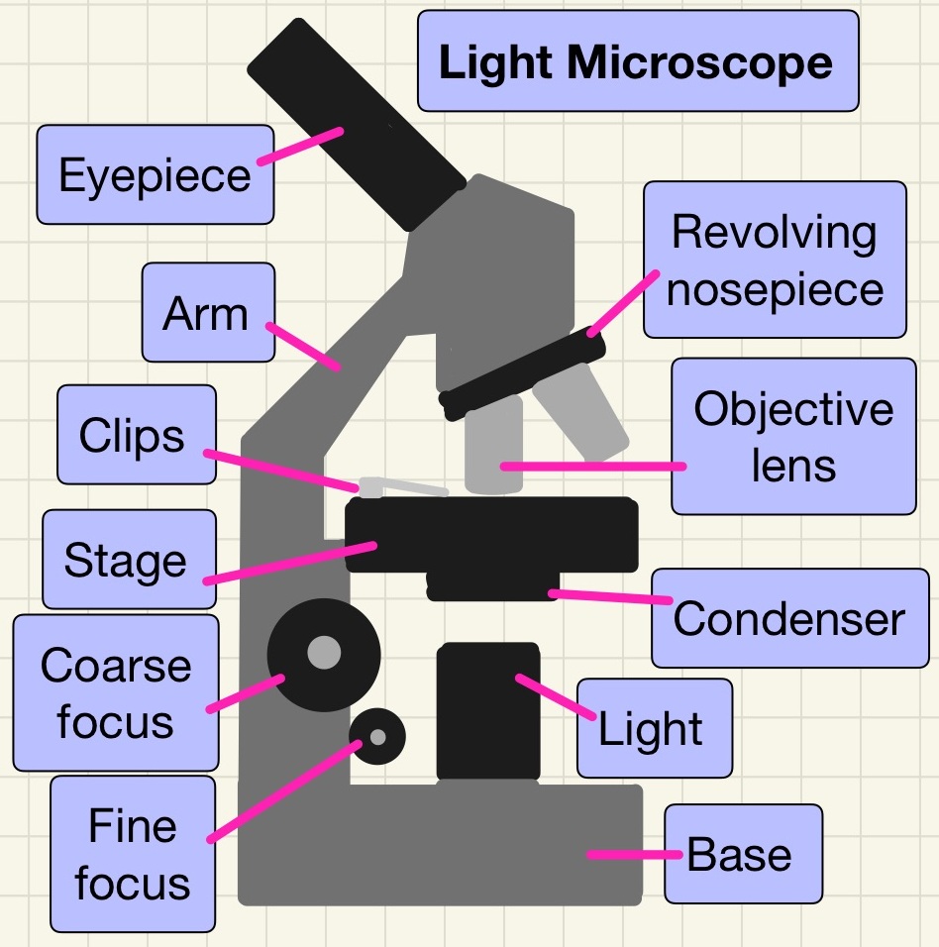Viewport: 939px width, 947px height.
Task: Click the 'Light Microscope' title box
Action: coord(637,61)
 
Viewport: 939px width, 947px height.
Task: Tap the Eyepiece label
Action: coord(155,174)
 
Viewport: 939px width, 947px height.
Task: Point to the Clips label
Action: coord(136,435)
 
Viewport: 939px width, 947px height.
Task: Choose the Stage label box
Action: coord(128,560)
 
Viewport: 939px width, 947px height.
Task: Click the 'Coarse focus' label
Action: coord(115,692)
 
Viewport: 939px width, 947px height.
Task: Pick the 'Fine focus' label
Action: coord(133,854)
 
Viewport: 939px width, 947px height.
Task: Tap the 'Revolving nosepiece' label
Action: coord(774,261)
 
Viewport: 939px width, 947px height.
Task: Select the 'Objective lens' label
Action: coord(792,436)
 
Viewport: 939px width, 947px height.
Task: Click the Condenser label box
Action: coord(787,619)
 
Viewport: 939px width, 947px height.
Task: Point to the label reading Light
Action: coord(654,729)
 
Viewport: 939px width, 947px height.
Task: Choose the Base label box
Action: coord(742,854)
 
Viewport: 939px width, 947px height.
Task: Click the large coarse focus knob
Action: coord(324,653)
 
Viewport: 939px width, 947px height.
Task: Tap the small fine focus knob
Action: coord(378,737)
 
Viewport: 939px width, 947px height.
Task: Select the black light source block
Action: coord(488,711)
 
